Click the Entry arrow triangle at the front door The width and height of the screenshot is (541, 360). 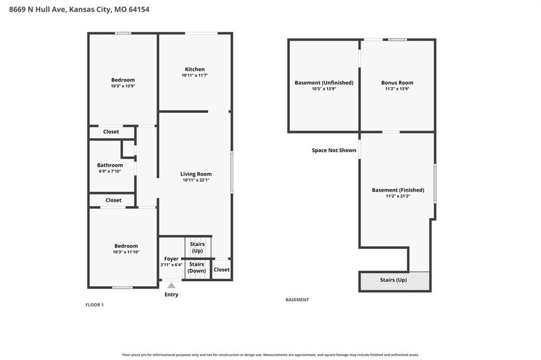tap(171, 285)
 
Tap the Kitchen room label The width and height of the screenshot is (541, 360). tap(194, 69)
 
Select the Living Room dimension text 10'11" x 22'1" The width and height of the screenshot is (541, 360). tap(196, 180)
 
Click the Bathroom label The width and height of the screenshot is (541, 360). tap(110, 165)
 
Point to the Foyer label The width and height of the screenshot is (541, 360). tap(172, 259)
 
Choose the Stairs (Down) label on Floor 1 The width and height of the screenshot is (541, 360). tap(197, 267)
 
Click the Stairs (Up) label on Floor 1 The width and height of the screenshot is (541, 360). tap(198, 247)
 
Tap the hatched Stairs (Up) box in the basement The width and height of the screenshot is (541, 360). tap(395, 281)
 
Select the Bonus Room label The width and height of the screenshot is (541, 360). tap(397, 83)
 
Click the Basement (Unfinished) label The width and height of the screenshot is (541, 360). tap(324, 83)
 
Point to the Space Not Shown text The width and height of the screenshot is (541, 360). tap(334, 150)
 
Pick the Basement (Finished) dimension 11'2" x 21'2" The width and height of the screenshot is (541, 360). tap(398, 196)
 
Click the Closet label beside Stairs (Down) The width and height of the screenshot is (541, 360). tap(221, 270)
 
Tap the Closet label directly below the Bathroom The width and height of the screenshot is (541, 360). tap(114, 200)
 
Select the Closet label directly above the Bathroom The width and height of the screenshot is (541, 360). tap(111, 132)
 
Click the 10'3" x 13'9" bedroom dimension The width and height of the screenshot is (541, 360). tap(123, 86)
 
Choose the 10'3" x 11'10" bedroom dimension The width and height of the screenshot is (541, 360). tap(126, 252)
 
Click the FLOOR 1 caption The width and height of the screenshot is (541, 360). tap(95, 305)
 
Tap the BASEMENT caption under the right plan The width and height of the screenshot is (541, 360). tap(297, 300)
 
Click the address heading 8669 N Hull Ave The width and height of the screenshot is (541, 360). tap(38, 10)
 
